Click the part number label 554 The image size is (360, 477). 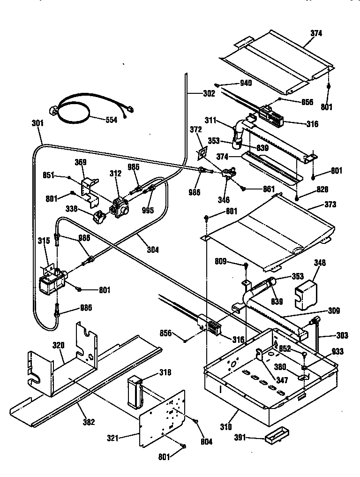[111, 120]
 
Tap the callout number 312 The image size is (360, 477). [115, 174]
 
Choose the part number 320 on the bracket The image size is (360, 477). [58, 345]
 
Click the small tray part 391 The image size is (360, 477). [274, 439]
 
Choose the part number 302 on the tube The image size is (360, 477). [209, 93]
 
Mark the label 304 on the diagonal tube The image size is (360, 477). [152, 250]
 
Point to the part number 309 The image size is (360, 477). [334, 310]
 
